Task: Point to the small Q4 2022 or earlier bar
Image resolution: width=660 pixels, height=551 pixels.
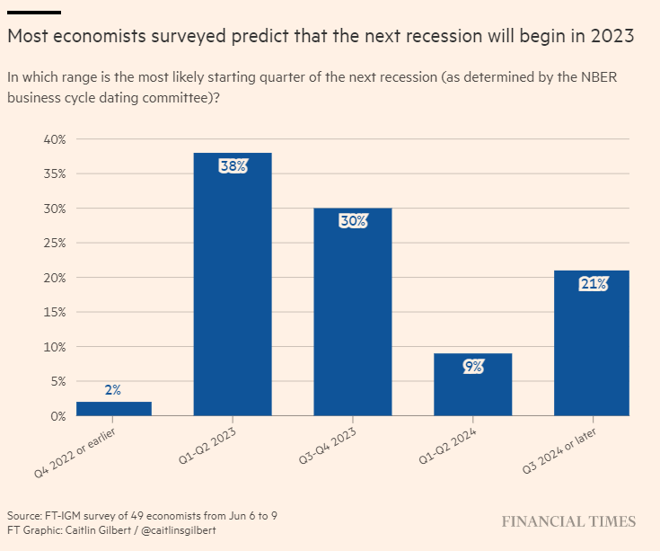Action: pos(113,409)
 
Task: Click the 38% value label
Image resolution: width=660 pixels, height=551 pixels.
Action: pos(233,166)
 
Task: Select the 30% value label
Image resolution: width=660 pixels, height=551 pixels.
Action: pos(352,221)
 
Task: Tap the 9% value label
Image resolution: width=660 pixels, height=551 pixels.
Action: pos(473,367)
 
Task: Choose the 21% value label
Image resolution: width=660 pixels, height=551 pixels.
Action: pos(593,284)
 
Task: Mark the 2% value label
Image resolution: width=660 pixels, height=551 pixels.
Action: pos(113,390)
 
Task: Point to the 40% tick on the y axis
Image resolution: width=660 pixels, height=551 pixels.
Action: pos(56,139)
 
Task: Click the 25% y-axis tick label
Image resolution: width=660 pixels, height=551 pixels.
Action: pos(56,244)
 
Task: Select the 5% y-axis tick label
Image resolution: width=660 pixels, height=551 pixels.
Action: pos(59,381)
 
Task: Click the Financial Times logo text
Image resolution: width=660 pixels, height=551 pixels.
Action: pos(568,522)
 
